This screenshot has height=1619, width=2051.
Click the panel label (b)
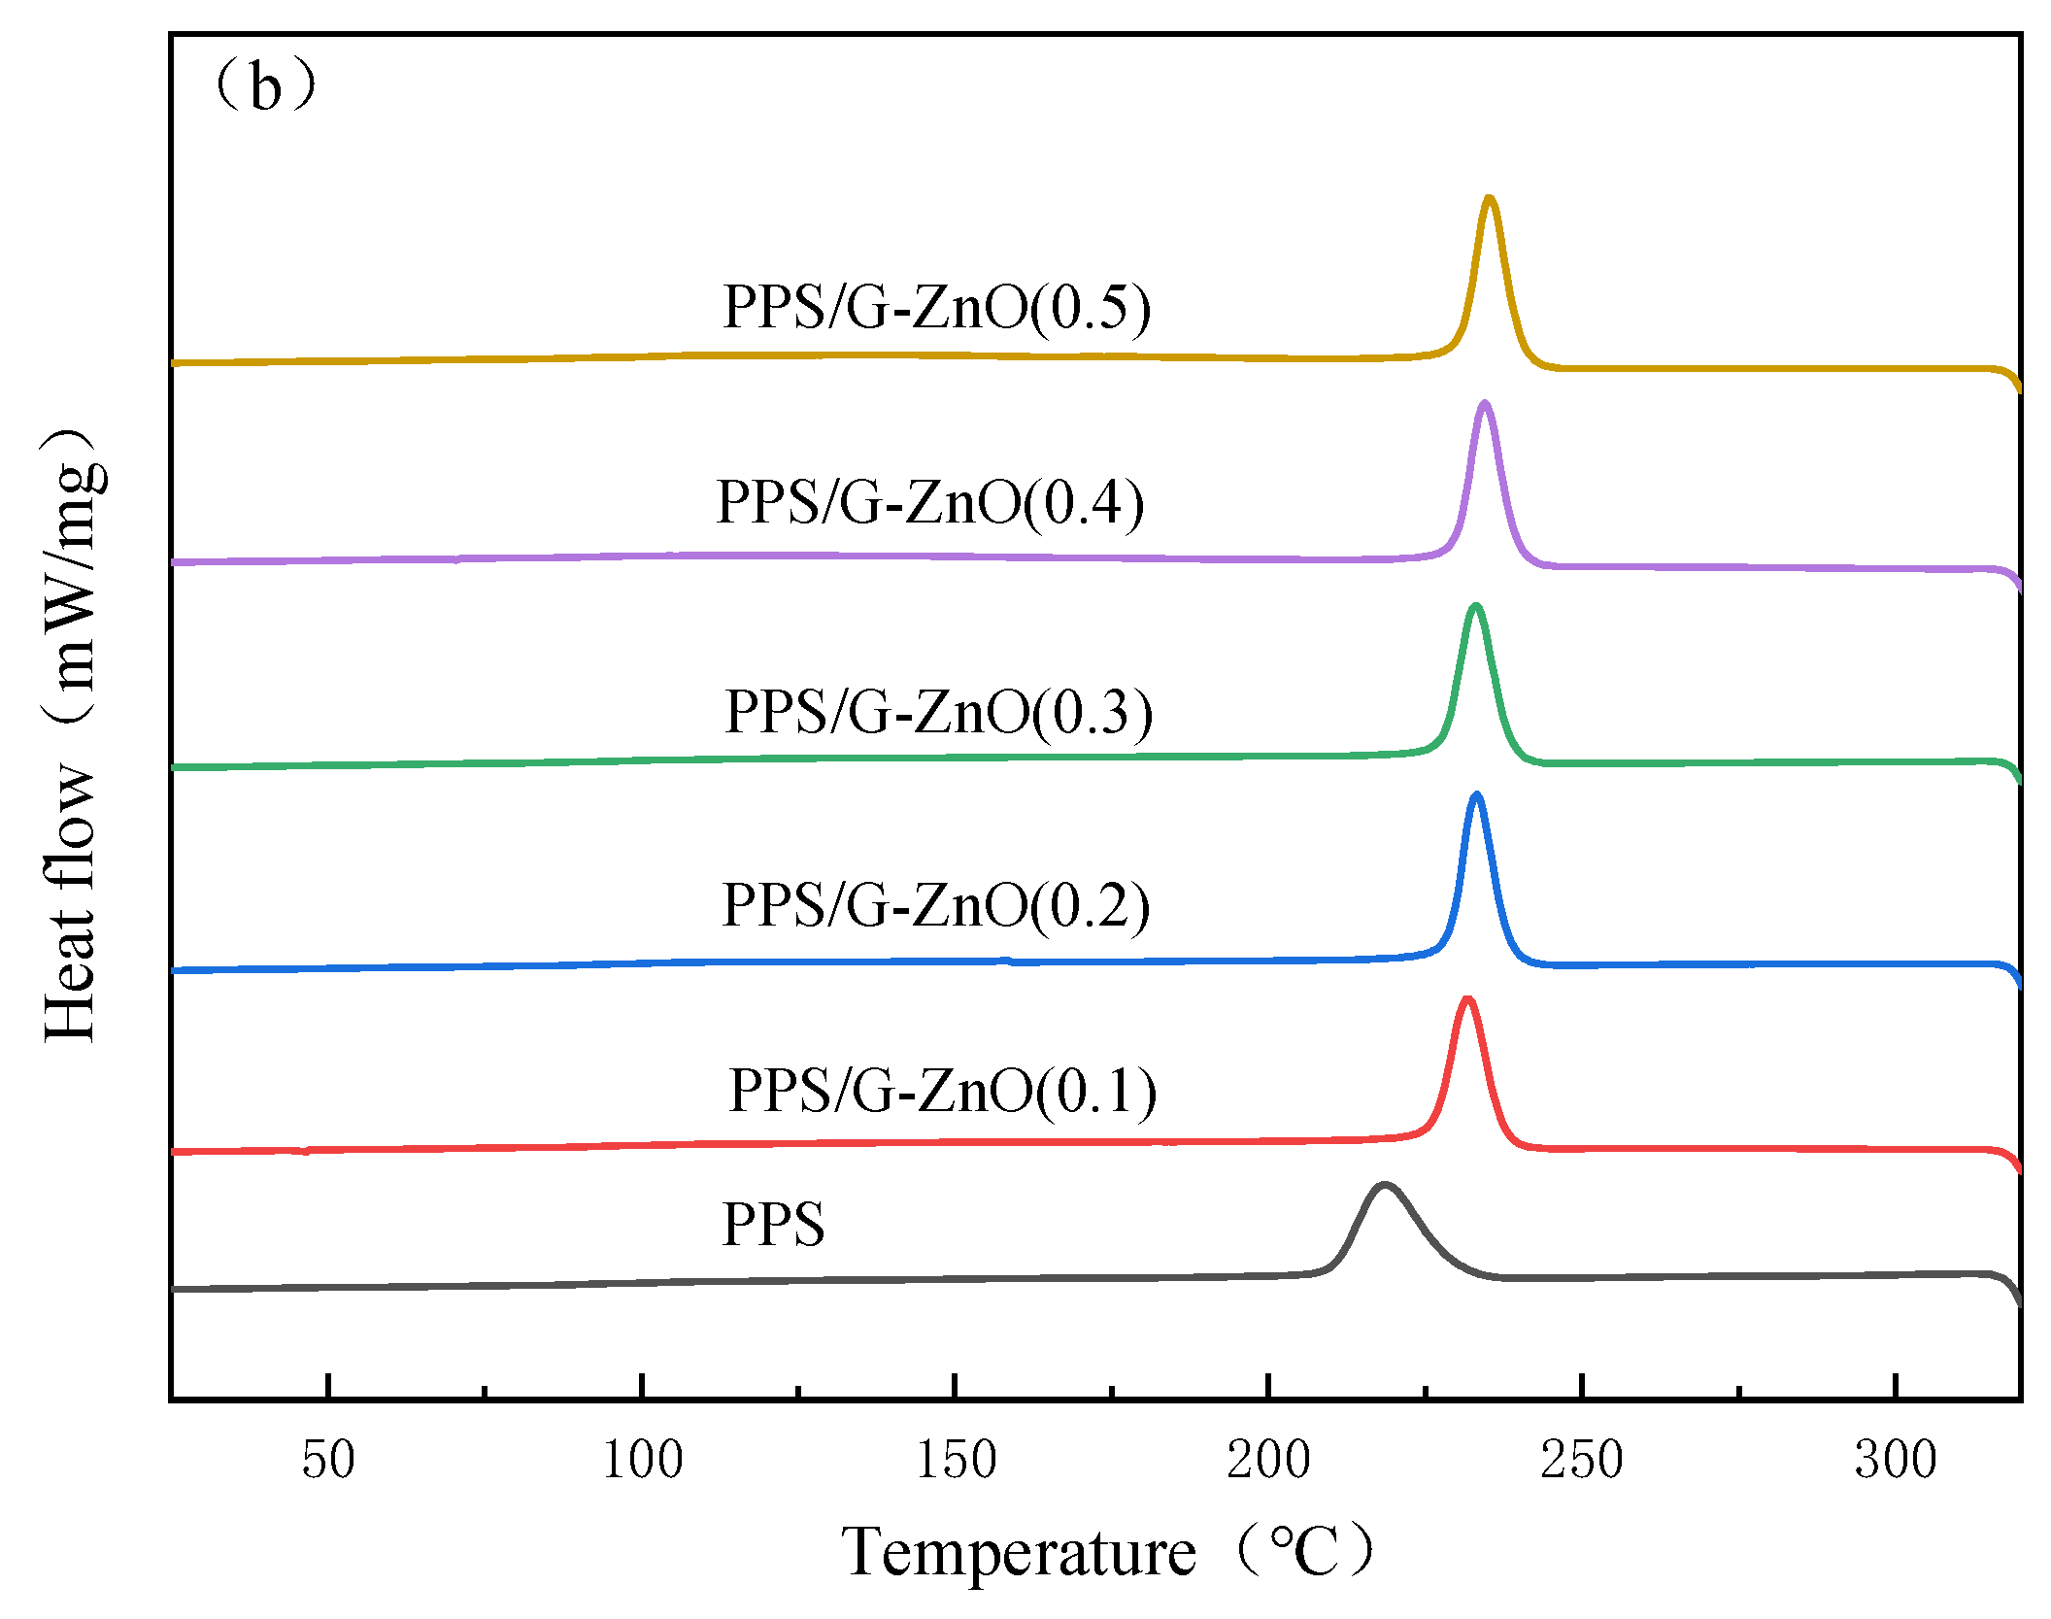[265, 86]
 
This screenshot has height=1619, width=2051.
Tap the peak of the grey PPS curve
[1383, 1185]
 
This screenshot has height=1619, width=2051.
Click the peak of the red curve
[1466, 999]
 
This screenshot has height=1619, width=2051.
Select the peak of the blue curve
[1477, 795]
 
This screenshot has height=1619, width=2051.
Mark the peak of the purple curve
[1484, 403]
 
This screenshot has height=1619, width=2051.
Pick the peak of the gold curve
[1489, 198]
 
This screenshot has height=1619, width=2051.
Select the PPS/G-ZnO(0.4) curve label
[929, 502]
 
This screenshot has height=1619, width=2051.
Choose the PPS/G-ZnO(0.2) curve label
[935, 905]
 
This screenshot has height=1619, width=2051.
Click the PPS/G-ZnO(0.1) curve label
[942, 1090]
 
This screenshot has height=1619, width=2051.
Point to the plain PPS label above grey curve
[773, 1224]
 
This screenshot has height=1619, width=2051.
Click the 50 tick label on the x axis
[328, 1460]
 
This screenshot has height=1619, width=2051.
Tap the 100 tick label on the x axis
[642, 1460]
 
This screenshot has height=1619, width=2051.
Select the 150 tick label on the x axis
[956, 1460]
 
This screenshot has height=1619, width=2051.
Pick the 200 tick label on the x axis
[1268, 1460]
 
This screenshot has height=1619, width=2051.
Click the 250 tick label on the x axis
[1582, 1460]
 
